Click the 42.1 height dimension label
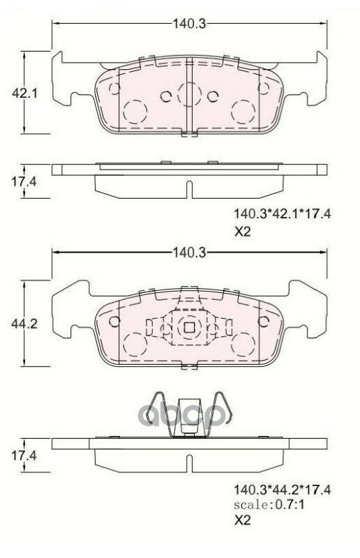pyautogui.click(x=24, y=93)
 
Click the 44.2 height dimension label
pyautogui.click(x=24, y=324)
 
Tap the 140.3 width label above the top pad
pyautogui.click(x=190, y=24)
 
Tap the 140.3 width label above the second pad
pyautogui.click(x=190, y=252)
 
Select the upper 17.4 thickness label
pyautogui.click(x=24, y=182)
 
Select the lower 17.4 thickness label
pyautogui.click(x=24, y=455)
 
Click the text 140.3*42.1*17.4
pyautogui.click(x=282, y=214)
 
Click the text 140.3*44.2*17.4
pyautogui.click(x=282, y=490)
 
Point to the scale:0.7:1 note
pyautogui.click(x=269, y=504)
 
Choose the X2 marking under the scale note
pyautogui.click(x=243, y=520)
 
